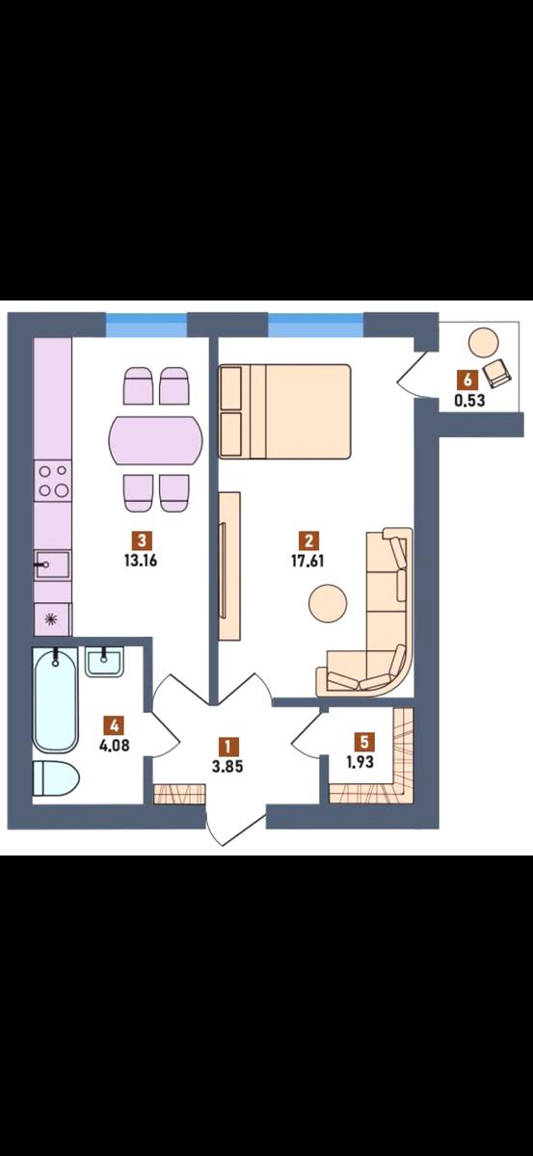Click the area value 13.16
coord(141,561)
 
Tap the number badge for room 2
coord(308,540)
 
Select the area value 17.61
coord(307,561)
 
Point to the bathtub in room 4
coord(55,699)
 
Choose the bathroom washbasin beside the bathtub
coord(104,662)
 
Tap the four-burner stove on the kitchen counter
coord(53,481)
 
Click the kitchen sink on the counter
coord(53,565)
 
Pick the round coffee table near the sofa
coord(328,602)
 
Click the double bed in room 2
coord(284,411)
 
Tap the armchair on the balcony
coord(497,373)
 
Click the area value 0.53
coord(469,401)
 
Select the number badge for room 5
coord(364,742)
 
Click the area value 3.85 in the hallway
coord(227,767)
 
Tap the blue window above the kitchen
coord(147,325)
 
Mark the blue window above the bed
coord(316,325)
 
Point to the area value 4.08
coord(114,746)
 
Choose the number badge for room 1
coord(227,747)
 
